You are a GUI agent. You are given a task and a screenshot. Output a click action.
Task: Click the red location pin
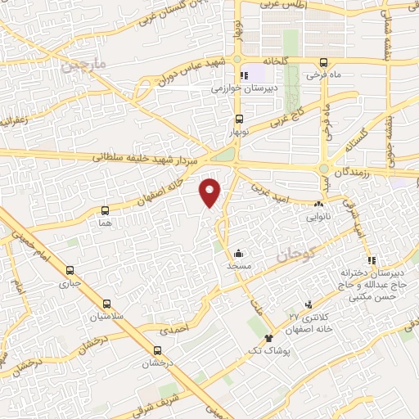(211, 191)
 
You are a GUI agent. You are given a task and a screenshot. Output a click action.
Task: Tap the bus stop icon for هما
(104, 210)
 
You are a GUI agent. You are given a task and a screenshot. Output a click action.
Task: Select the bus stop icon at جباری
(70, 271)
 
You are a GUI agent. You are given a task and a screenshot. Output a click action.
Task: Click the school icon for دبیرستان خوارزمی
(242, 76)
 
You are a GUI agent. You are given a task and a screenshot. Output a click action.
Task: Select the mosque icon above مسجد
(237, 253)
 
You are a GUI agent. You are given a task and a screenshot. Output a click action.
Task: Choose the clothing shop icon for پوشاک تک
(268, 338)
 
